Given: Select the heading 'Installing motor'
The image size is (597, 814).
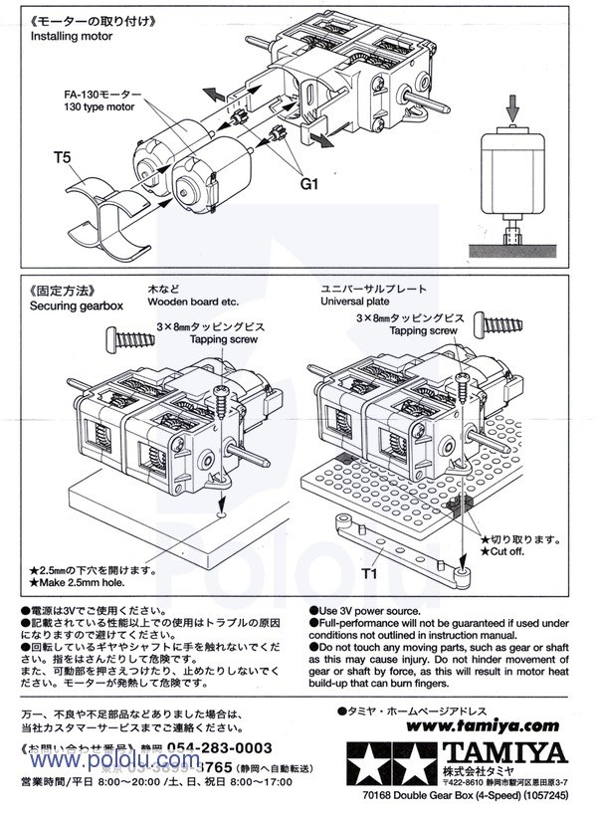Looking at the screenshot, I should click(x=72, y=36).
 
